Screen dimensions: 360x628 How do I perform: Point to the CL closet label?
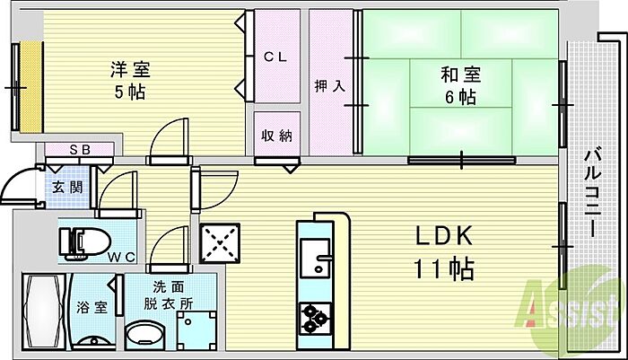point(275,57)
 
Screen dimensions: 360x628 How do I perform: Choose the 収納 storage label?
point(275,136)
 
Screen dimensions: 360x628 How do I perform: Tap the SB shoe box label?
point(79,149)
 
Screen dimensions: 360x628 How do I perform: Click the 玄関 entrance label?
point(64,188)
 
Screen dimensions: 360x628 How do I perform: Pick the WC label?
point(121,258)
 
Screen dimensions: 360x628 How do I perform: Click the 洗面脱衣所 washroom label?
point(170,295)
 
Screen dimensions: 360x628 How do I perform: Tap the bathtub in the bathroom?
point(41,312)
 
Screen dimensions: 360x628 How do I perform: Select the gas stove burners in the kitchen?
point(316,316)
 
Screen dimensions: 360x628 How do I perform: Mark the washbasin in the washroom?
point(145,336)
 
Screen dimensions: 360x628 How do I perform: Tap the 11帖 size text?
point(443,268)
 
